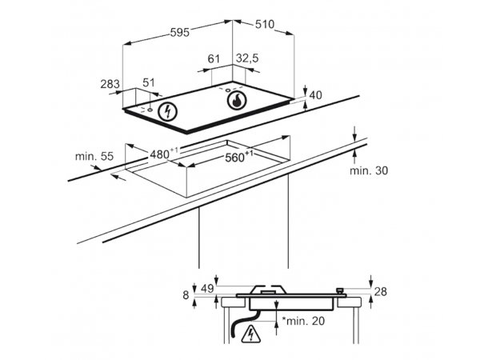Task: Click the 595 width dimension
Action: tap(180, 32)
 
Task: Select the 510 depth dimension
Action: tap(265, 24)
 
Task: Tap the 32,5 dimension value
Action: tap(247, 58)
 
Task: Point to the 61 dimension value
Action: tap(214, 58)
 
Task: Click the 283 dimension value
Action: tap(110, 83)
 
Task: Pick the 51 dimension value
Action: tap(149, 82)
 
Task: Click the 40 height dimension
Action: tap(316, 95)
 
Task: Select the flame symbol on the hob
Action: tap(237, 100)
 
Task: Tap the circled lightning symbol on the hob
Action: tap(167, 111)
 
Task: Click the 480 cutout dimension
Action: tap(164, 153)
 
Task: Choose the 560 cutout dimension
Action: tap(239, 157)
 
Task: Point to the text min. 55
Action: tap(94, 157)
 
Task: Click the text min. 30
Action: tap(369, 170)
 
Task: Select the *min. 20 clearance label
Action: tap(303, 321)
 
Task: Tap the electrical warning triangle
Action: tap(250, 334)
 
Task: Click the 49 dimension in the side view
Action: tap(207, 288)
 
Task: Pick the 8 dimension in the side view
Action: tap(186, 295)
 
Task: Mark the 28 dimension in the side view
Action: tap(381, 292)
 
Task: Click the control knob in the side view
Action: tap(340, 290)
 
